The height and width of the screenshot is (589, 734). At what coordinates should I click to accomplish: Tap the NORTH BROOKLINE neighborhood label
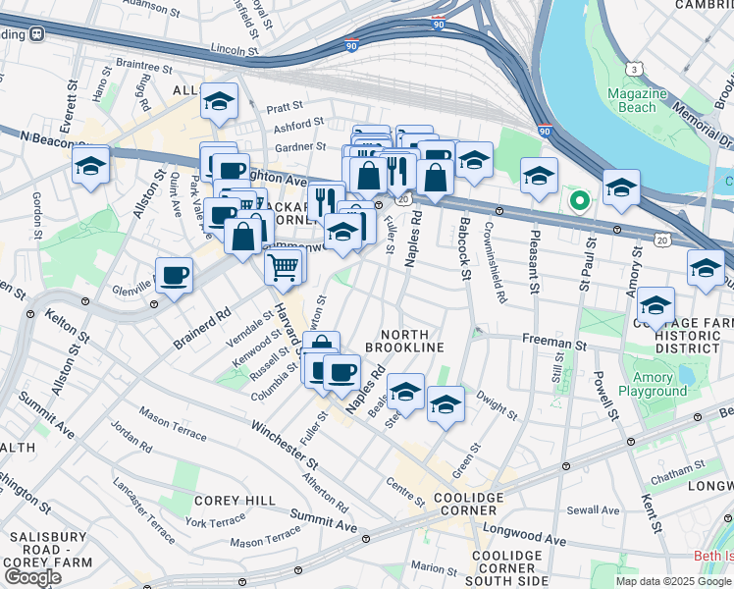click(x=405, y=341)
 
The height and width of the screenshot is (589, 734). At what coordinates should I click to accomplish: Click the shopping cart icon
click(x=284, y=265)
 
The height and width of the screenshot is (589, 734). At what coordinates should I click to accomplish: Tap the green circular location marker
click(x=579, y=201)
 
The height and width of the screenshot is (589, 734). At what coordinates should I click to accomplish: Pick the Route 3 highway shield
click(x=636, y=68)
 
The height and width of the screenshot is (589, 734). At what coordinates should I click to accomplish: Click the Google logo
click(x=32, y=577)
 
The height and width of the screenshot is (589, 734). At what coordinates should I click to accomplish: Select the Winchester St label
click(x=284, y=444)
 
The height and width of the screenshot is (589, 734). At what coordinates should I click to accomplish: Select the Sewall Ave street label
click(x=593, y=510)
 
